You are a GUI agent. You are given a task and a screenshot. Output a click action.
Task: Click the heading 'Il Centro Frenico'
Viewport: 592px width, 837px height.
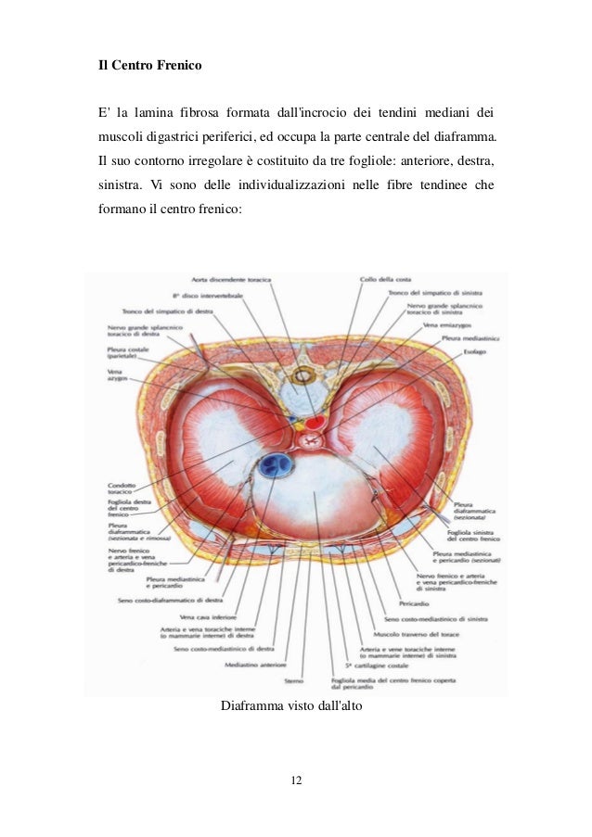(x=150, y=68)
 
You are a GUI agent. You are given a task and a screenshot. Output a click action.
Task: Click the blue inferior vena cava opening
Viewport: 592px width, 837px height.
(x=275, y=463)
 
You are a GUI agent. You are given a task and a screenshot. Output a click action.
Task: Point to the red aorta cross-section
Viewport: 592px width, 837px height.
(x=315, y=423)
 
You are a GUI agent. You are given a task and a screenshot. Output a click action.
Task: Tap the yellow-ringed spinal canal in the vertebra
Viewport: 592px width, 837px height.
(x=302, y=377)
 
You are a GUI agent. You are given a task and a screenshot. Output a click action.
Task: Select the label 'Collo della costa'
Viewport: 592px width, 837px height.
(x=385, y=279)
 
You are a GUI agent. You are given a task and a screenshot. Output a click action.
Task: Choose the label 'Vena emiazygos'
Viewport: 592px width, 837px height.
(x=444, y=326)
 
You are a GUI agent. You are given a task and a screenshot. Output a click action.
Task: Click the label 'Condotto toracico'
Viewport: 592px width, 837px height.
(x=123, y=485)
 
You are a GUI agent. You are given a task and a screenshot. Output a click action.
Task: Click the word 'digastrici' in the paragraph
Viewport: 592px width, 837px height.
(x=177, y=139)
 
